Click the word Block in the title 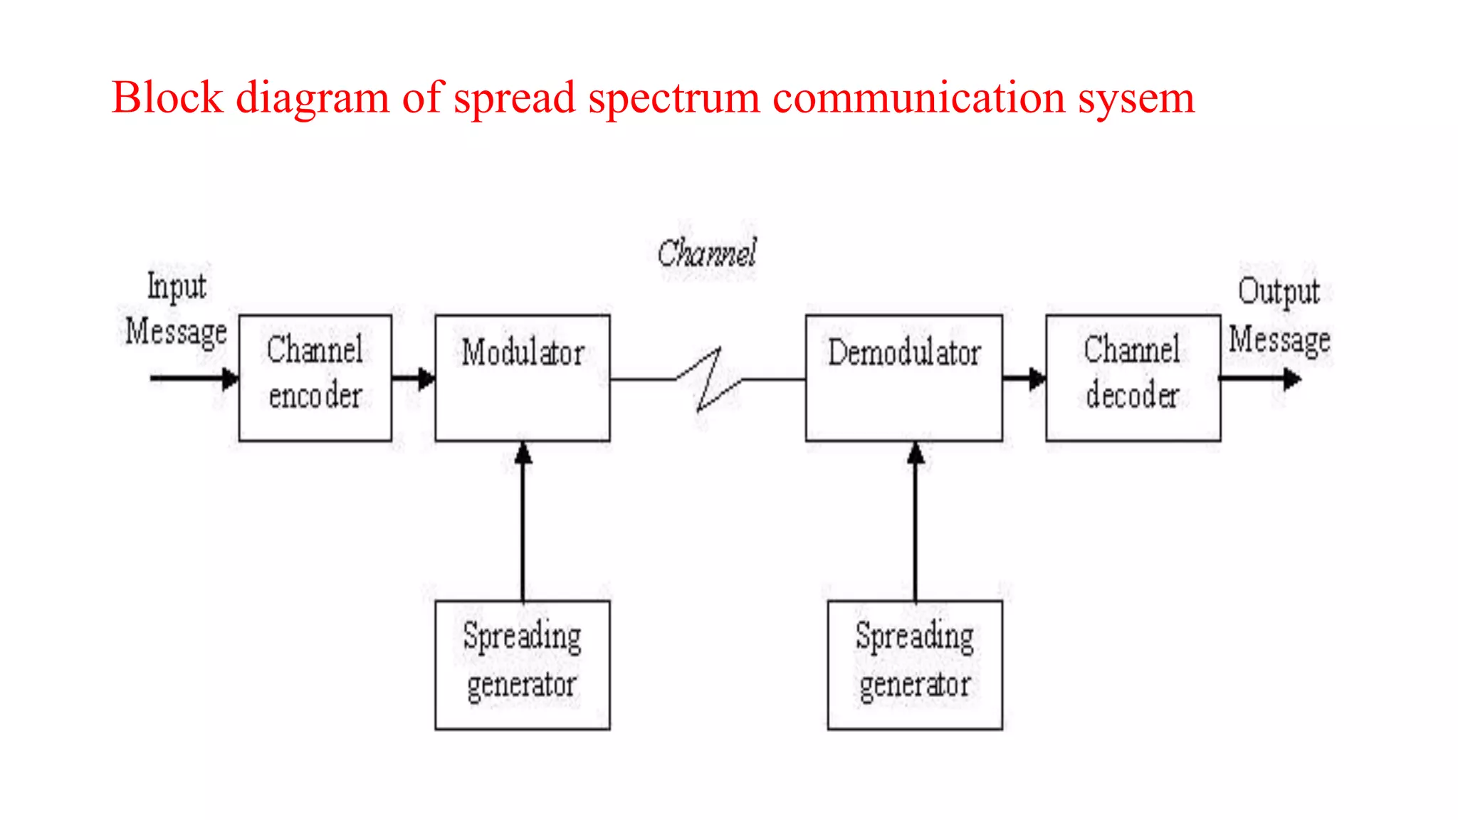167,98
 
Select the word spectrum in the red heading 673,99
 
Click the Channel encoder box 315,378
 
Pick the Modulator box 523,378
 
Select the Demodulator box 903,378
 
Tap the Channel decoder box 1133,378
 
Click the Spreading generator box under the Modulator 523,665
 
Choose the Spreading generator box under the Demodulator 915,665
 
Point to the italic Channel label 706,253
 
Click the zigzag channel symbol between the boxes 709,380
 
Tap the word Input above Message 177,286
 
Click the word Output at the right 1279,292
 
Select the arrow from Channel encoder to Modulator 414,378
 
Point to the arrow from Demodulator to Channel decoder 1024,379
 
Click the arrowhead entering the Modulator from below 523,453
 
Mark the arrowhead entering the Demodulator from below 916,453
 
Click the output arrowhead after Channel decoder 1291,379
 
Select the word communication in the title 918,98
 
